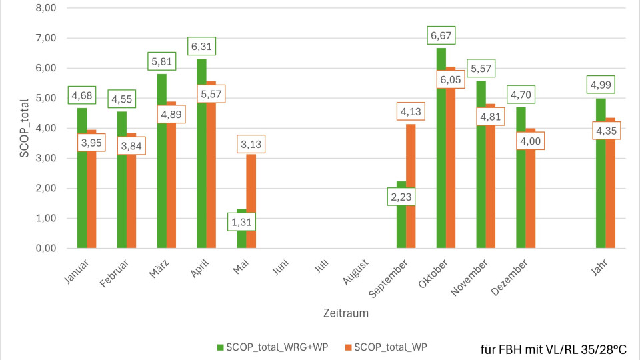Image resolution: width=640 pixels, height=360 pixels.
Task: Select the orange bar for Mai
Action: pos(251,200)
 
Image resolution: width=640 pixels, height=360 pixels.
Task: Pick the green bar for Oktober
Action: pos(441,167)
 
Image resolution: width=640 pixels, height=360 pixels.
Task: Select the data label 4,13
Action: pos(411,113)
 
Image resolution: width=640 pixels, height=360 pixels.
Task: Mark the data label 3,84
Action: pos(131,145)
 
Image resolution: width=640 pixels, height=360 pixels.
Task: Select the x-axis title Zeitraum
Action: pos(346,311)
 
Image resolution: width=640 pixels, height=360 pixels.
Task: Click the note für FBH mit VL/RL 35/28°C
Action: pos(553,349)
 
